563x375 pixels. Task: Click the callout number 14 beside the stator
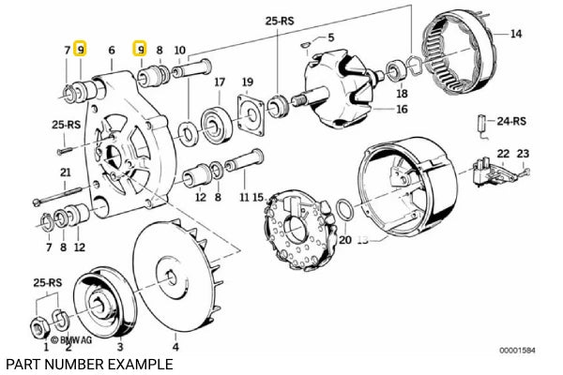515,35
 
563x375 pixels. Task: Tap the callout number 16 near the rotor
402,110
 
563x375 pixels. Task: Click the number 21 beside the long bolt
65,172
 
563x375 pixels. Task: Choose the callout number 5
329,37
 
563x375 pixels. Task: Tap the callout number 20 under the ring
345,239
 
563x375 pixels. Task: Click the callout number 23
524,153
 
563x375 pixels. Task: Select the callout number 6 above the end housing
112,50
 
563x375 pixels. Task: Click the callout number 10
180,50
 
